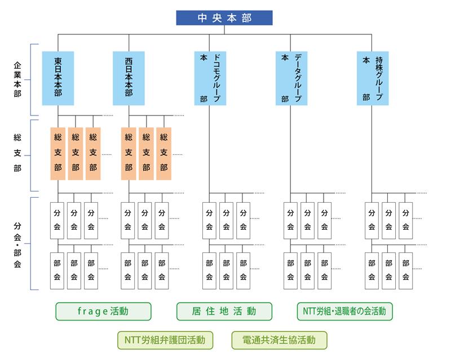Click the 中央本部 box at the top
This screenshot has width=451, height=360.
[224, 18]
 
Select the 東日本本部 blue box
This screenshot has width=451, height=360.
[58, 78]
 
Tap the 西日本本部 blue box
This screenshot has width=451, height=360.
[129, 78]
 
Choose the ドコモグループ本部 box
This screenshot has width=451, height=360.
[210, 78]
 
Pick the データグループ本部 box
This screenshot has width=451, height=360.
[291, 78]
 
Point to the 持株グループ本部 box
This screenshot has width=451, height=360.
[372, 78]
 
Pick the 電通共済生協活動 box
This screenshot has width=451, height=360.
[279, 340]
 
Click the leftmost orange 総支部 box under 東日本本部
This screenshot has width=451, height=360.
[58, 153]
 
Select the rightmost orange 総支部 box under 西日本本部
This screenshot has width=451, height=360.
[163, 153]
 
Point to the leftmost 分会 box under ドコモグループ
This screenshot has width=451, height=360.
[209, 220]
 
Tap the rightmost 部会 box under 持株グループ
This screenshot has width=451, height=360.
[405, 270]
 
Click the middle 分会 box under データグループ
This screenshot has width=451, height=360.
[307, 220]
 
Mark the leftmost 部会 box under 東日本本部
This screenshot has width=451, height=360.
[58, 270]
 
